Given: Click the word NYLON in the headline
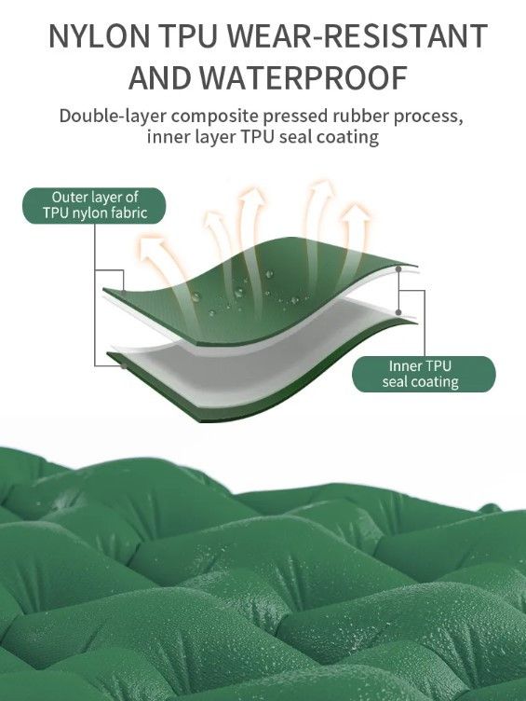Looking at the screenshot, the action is click(99, 35).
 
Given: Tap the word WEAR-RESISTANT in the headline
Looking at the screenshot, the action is click(357, 35).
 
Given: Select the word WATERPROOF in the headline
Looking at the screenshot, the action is click(303, 77).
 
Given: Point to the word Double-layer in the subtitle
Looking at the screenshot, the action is click(114, 117).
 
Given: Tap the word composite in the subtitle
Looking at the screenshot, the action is click(215, 117).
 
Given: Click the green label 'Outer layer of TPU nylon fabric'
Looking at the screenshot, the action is click(94, 205).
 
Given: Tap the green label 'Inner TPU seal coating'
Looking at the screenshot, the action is click(424, 374).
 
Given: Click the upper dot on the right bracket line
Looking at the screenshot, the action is click(398, 269).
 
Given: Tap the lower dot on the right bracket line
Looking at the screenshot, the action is click(398, 312).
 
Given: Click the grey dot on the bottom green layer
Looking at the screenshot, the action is click(123, 366).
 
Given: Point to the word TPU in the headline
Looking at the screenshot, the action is click(189, 35).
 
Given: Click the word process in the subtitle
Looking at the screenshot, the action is click(427, 117).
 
